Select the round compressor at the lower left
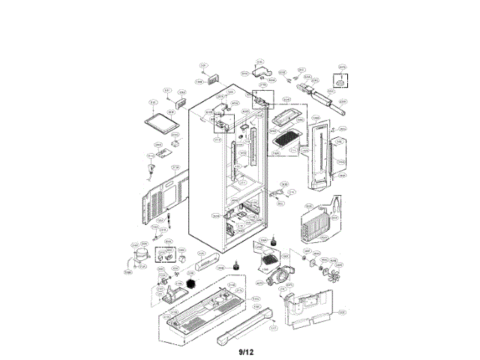point(138,257)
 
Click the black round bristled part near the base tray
point(194,286)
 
